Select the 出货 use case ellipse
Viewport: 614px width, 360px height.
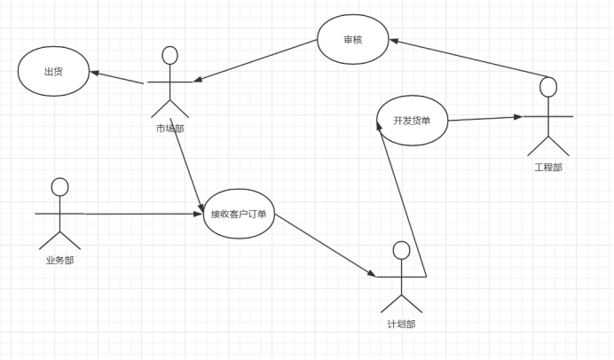point(54,73)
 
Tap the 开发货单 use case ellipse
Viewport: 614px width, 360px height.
point(412,121)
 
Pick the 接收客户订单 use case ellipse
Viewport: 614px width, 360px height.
point(239,214)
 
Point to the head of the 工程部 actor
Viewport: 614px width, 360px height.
point(548,87)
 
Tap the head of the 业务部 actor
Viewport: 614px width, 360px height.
point(59,186)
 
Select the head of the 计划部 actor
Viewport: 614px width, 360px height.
point(401,250)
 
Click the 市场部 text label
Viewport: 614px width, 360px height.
point(169,129)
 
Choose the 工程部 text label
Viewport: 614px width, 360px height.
point(547,166)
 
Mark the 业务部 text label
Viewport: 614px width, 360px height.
point(59,260)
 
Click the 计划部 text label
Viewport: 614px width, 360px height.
point(401,324)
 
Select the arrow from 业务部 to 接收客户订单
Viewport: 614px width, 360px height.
point(142,214)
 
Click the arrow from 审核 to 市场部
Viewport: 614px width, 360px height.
point(258,65)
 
